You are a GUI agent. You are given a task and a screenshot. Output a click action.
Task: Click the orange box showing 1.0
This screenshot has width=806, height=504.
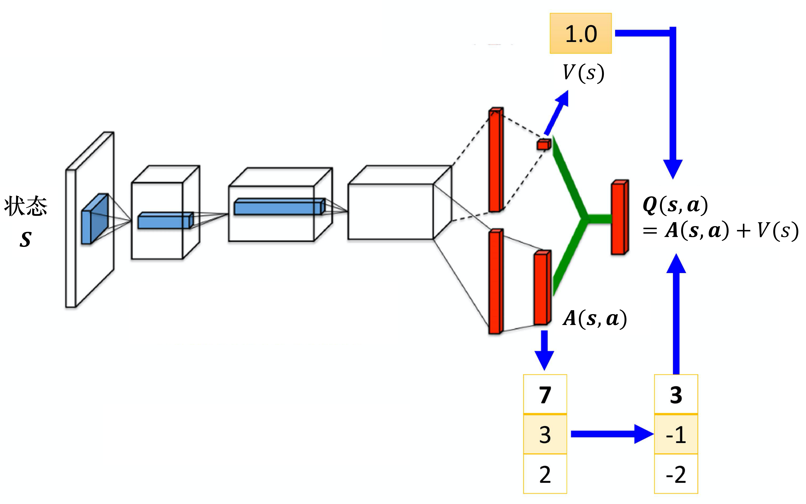pyautogui.click(x=580, y=33)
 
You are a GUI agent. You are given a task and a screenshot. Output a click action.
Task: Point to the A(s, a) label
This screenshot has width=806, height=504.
pyautogui.click(x=595, y=318)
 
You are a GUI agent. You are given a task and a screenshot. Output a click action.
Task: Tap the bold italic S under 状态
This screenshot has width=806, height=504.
pyautogui.click(x=26, y=239)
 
